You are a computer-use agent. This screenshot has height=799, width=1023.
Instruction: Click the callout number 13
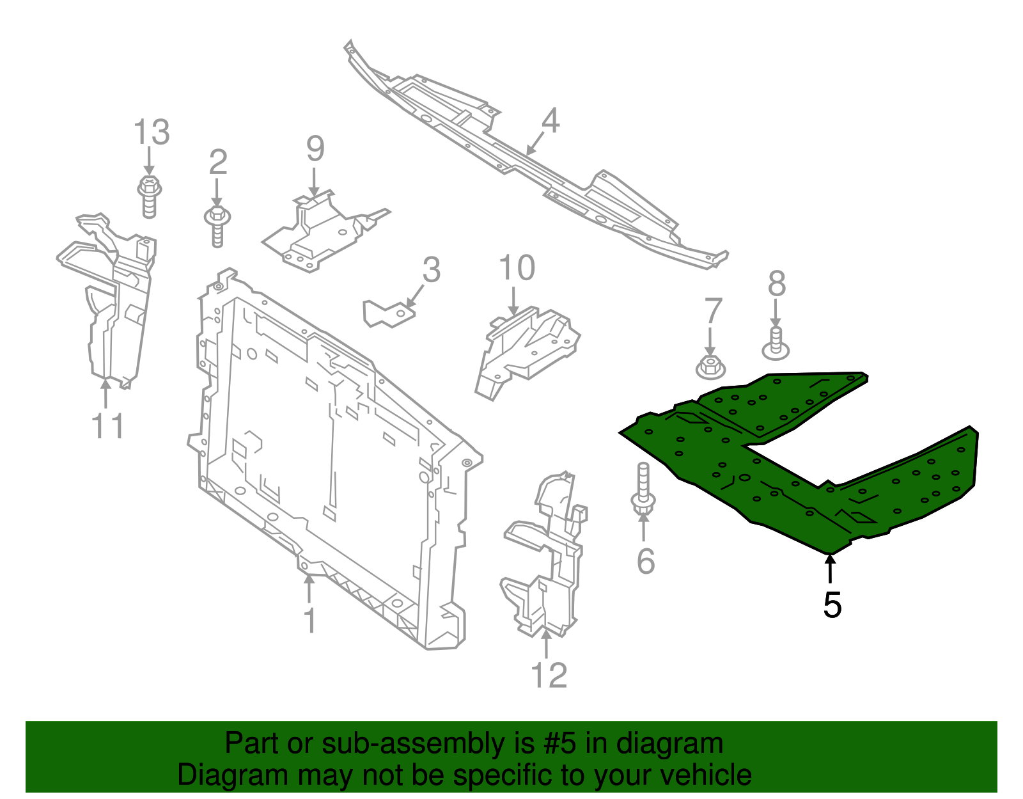pos(152,132)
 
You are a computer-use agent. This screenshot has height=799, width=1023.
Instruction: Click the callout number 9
pos(315,149)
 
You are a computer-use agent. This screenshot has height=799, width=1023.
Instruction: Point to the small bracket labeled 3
pos(387,313)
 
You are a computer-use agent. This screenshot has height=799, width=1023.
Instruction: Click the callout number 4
pos(551,121)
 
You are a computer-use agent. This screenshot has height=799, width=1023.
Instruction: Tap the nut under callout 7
pos(709,367)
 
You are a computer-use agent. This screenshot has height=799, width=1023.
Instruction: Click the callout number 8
pos(776,284)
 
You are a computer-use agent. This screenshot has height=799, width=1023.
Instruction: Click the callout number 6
pos(646,561)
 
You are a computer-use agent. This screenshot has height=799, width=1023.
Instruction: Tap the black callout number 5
pos(832,605)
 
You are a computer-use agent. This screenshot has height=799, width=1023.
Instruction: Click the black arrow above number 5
pos(831,569)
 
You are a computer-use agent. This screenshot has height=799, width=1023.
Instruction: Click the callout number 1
pos(310,620)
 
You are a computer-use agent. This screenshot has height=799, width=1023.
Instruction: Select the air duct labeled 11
pos(112,301)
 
